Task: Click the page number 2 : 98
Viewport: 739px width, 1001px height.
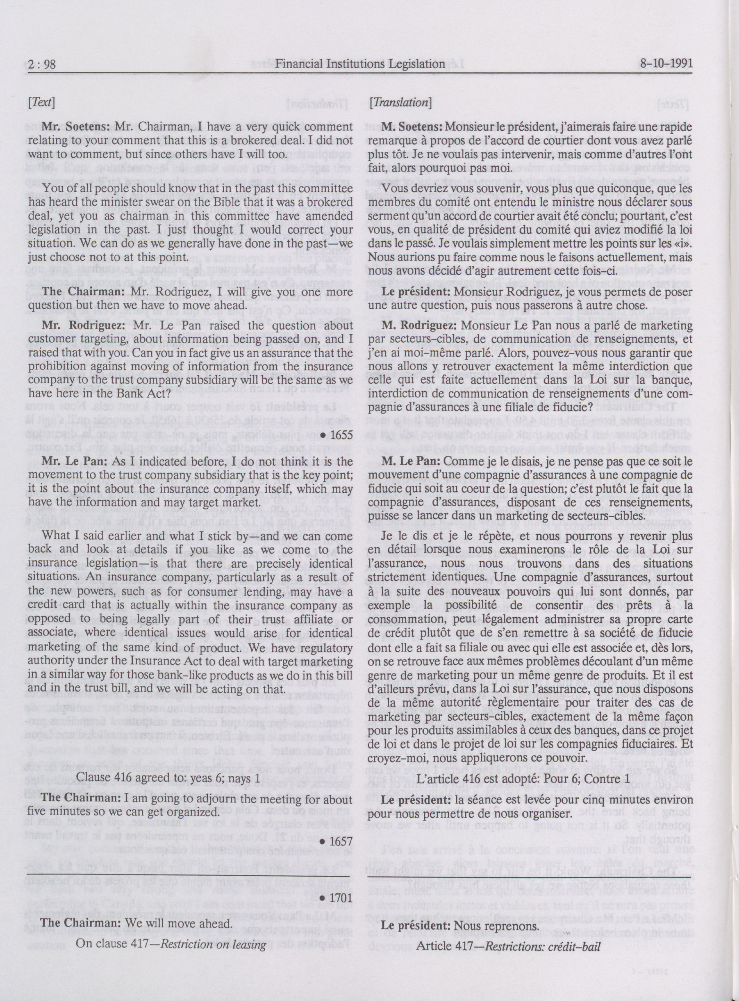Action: [x=42, y=64]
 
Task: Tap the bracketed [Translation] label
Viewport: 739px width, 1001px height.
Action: [x=400, y=103]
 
